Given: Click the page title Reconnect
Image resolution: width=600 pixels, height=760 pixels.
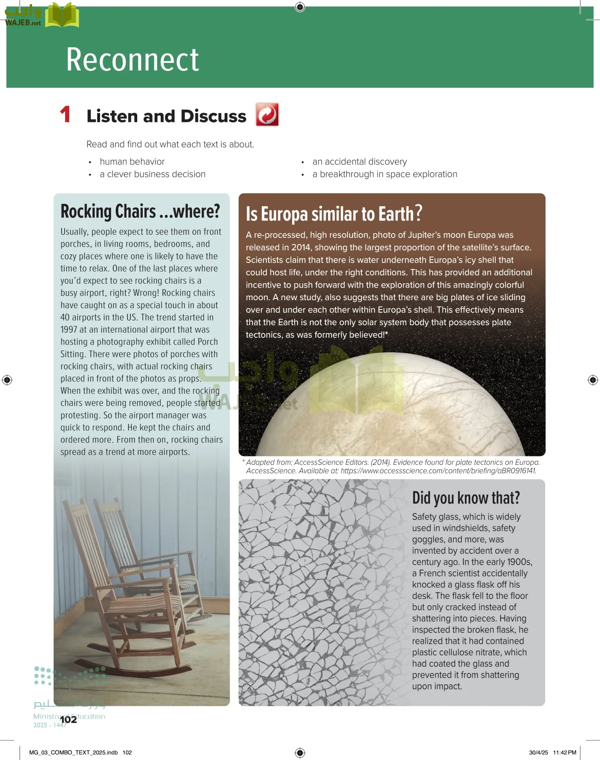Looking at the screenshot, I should pos(132,60).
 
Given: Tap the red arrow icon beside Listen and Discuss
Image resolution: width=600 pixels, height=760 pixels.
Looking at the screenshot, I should pos(267,114).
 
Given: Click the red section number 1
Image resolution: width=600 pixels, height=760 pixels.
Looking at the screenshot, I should pos(65,115).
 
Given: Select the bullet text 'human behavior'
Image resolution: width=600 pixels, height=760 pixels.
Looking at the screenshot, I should pos(132,162).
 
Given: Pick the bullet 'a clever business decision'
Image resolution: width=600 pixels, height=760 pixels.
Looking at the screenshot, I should pos(152,174).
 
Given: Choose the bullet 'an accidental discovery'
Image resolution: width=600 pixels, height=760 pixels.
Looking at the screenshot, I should pos(359,162).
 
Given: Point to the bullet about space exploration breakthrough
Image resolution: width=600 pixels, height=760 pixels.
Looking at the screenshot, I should pos(384,174).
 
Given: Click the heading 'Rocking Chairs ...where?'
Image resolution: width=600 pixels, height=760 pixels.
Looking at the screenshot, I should pos(140,211).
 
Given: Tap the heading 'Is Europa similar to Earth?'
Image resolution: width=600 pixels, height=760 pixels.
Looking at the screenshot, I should pos(334,214).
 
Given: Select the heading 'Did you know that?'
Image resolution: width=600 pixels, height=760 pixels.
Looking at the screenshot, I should pos(466,498).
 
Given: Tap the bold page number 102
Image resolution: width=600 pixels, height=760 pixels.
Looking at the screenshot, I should pos(68,719).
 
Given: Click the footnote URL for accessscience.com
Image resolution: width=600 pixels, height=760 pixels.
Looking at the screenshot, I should pos(438,471).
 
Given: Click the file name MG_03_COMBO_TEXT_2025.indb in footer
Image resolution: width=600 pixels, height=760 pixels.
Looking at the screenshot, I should pos(73,752).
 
